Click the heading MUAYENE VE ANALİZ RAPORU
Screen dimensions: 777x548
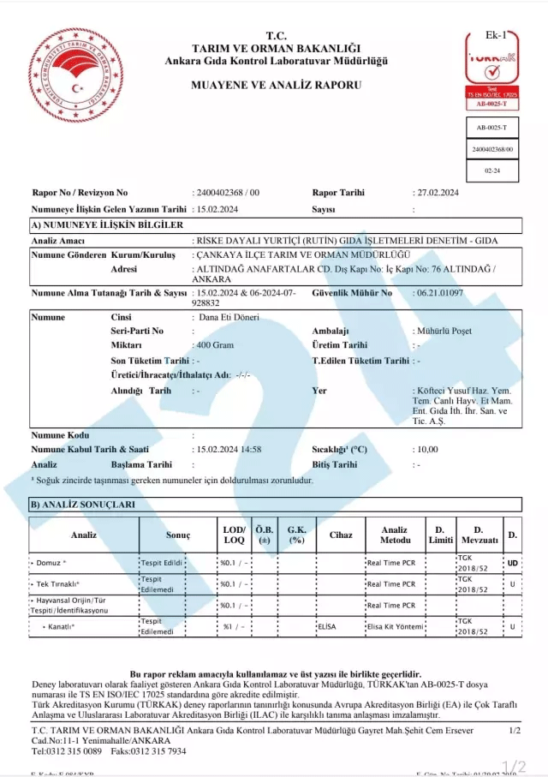(x=276, y=85)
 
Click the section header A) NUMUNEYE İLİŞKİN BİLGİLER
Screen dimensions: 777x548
(x=107, y=224)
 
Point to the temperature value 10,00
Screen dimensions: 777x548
(x=426, y=449)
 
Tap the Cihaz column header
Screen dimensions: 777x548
(x=340, y=535)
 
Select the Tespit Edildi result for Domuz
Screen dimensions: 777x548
(x=162, y=563)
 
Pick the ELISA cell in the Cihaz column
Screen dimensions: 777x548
(x=327, y=627)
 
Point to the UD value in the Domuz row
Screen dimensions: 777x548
(x=512, y=563)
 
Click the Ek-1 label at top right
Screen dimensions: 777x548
(x=497, y=35)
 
